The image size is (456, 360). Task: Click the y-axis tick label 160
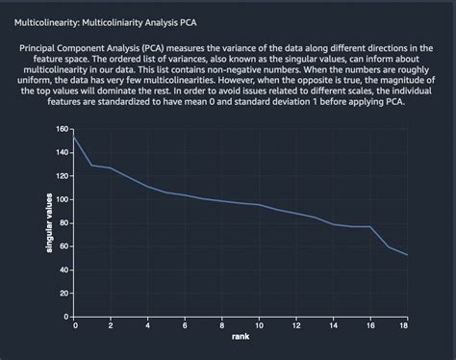click(x=63, y=129)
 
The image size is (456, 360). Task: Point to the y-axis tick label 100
click(x=63, y=199)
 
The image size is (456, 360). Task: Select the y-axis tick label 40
click(x=64, y=270)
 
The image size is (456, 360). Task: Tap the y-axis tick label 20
click(x=64, y=293)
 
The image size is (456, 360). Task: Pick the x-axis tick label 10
click(x=260, y=325)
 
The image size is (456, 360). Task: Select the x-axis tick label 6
click(x=186, y=325)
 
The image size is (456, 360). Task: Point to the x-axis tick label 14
click(x=333, y=325)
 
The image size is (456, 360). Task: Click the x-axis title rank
click(x=241, y=337)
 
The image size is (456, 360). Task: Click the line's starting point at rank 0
click(x=75, y=138)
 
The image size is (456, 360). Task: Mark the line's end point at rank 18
click(x=407, y=255)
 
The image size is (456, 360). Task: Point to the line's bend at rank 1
click(x=93, y=166)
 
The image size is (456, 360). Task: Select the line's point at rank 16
click(x=370, y=226)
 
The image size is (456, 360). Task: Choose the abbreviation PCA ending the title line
click(x=195, y=20)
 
